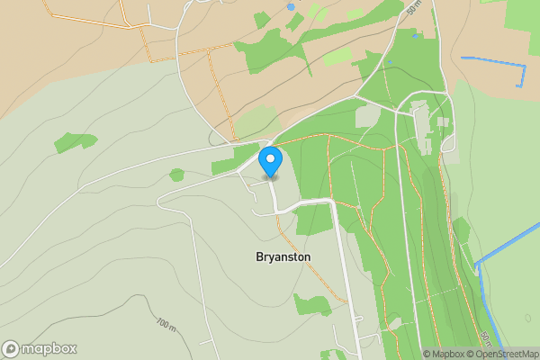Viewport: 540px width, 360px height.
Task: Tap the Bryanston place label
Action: point(283,256)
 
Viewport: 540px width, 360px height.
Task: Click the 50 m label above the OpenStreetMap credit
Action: point(485,339)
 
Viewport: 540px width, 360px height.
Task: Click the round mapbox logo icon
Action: point(11,348)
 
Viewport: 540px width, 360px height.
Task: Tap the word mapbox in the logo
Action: point(49,348)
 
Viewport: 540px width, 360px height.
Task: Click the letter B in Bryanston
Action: point(259,256)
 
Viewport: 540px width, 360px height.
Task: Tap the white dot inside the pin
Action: point(270,158)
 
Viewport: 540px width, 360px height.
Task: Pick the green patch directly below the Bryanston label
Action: point(312,302)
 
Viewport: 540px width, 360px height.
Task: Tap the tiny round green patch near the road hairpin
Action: point(176,175)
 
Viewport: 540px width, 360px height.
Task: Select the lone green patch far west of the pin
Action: point(74,141)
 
